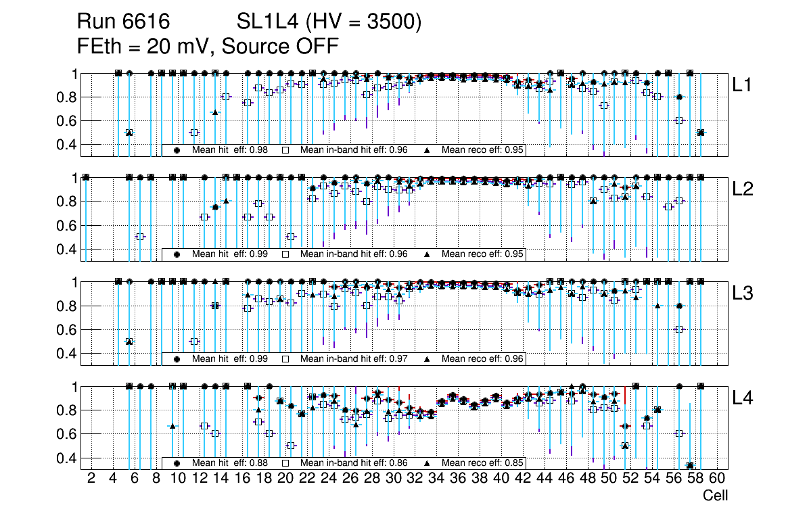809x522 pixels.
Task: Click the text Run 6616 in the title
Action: pos(123,22)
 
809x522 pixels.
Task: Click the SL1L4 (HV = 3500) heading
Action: pos(329,22)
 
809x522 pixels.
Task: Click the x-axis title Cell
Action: pos(715,496)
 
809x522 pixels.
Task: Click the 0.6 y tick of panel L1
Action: pos(67,121)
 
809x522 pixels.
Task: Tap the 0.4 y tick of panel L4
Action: pos(67,458)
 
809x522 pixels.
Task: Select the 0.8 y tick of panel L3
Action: pos(67,306)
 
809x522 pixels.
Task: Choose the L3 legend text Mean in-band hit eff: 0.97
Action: pos(353,359)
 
